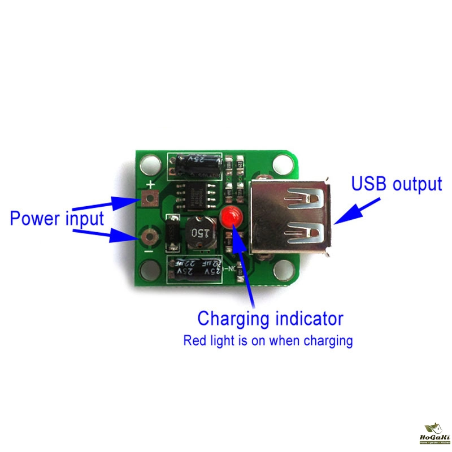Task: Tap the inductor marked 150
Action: point(197,233)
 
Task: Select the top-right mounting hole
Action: point(283,165)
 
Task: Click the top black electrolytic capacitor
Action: point(197,163)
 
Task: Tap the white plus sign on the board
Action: point(151,185)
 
